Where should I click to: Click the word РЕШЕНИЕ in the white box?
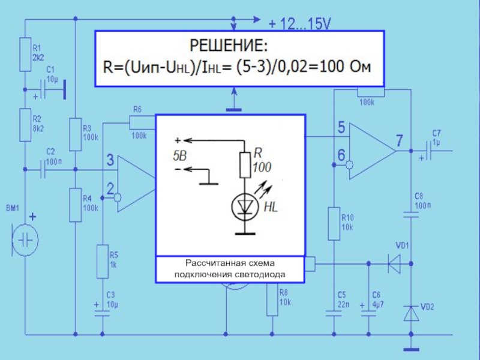(x=229, y=46)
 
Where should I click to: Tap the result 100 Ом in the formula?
(x=345, y=67)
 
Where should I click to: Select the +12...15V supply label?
(x=299, y=23)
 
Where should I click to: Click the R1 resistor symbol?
(x=25, y=55)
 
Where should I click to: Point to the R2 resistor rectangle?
(x=25, y=125)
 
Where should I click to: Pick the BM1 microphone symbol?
(x=25, y=239)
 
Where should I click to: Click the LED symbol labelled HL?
(x=245, y=207)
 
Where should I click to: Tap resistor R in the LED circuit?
(x=245, y=165)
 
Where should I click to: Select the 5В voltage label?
(x=179, y=156)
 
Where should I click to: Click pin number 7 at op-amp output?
(x=399, y=140)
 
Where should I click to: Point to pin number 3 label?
(x=110, y=160)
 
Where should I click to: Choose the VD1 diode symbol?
(x=394, y=263)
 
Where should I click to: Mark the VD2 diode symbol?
(x=411, y=313)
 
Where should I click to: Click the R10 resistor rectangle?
(x=334, y=223)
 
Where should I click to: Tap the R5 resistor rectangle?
(x=103, y=262)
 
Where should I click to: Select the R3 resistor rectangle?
(x=76, y=134)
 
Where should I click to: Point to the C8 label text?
(x=419, y=196)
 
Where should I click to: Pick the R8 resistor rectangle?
(x=272, y=299)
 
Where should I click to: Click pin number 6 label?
(x=341, y=155)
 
